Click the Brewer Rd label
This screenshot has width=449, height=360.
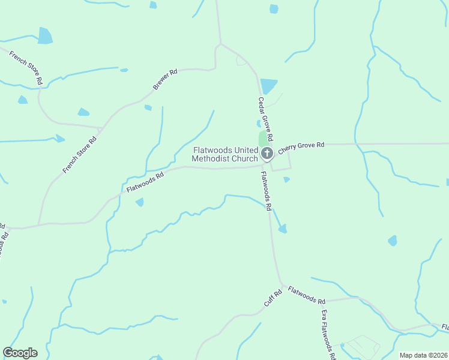pyautogui.click(x=165, y=80)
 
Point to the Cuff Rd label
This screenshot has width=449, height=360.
pyautogui.click(x=273, y=299)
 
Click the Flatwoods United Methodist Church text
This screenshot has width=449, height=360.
pyautogui.click(x=224, y=154)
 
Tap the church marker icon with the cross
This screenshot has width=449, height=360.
pyautogui.click(x=267, y=153)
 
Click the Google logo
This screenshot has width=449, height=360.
pyautogui.click(x=20, y=353)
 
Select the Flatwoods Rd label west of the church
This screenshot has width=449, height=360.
pyautogui.click(x=145, y=182)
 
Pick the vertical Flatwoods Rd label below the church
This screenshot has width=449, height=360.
pyautogui.click(x=267, y=191)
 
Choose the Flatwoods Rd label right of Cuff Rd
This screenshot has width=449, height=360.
pyautogui.click(x=306, y=295)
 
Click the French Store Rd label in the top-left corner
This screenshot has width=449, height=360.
pyautogui.click(x=26, y=67)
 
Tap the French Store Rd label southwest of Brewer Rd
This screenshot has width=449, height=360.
pyautogui.click(x=79, y=155)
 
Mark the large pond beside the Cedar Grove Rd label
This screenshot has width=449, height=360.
pyautogui.click(x=269, y=86)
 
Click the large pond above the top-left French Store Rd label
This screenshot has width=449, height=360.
pyautogui.click(x=45, y=36)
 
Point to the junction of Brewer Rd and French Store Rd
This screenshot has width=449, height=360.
pyautogui.click(x=100, y=128)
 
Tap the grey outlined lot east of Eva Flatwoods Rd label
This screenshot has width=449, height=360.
pyautogui.click(x=362, y=346)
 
